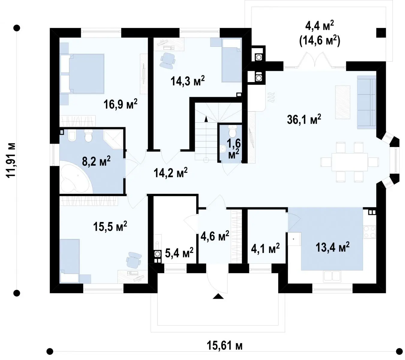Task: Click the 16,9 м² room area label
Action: [x=120, y=104]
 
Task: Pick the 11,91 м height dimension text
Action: [x=11, y=160]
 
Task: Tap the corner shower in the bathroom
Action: [x=113, y=139]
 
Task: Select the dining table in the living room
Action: [x=350, y=162]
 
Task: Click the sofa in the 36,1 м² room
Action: [x=366, y=102]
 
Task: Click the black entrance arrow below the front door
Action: [x=218, y=296]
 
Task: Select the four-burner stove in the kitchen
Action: [x=369, y=232]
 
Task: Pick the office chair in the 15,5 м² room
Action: [x=134, y=260]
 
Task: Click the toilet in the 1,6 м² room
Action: [x=232, y=130]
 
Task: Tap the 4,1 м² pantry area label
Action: [x=265, y=248]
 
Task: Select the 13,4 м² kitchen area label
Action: [x=332, y=247]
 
